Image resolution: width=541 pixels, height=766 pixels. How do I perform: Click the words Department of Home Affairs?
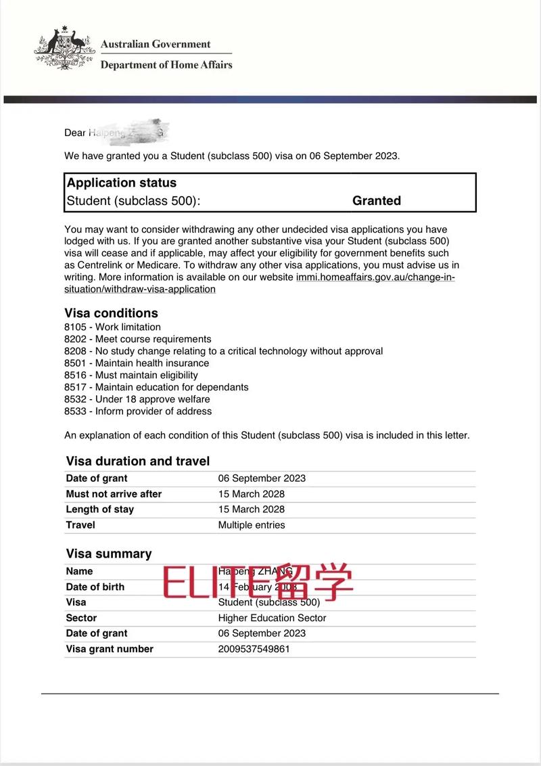pos(166,65)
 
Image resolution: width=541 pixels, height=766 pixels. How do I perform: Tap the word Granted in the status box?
pos(377,200)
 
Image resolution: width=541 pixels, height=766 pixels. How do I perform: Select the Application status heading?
pos(122,183)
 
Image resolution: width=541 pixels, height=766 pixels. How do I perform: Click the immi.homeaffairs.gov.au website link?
pos(375,277)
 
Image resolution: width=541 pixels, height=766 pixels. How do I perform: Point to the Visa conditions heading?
pos(111,313)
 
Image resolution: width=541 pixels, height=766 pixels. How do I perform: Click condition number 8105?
pos(75,327)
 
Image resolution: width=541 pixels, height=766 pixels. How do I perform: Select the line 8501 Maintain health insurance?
pos(137,363)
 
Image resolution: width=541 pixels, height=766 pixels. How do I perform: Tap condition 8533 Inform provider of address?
pos(138,411)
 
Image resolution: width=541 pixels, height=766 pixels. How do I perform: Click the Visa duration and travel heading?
pos(138,461)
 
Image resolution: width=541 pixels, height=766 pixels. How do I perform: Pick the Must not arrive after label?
pos(114,494)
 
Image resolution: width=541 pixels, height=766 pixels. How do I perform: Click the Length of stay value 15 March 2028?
pos(252,510)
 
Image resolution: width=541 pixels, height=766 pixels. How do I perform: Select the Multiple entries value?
pos(252,525)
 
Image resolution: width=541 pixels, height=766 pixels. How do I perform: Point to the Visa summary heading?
pos(109,554)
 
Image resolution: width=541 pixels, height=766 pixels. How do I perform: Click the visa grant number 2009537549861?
pos(255,649)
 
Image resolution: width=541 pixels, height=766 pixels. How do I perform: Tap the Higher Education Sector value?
pos(272,618)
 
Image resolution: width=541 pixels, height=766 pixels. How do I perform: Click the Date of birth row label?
pos(95,587)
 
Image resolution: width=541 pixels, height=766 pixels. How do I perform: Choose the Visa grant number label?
pos(110,649)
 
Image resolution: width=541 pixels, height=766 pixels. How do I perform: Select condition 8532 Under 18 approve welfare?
pos(137,399)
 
